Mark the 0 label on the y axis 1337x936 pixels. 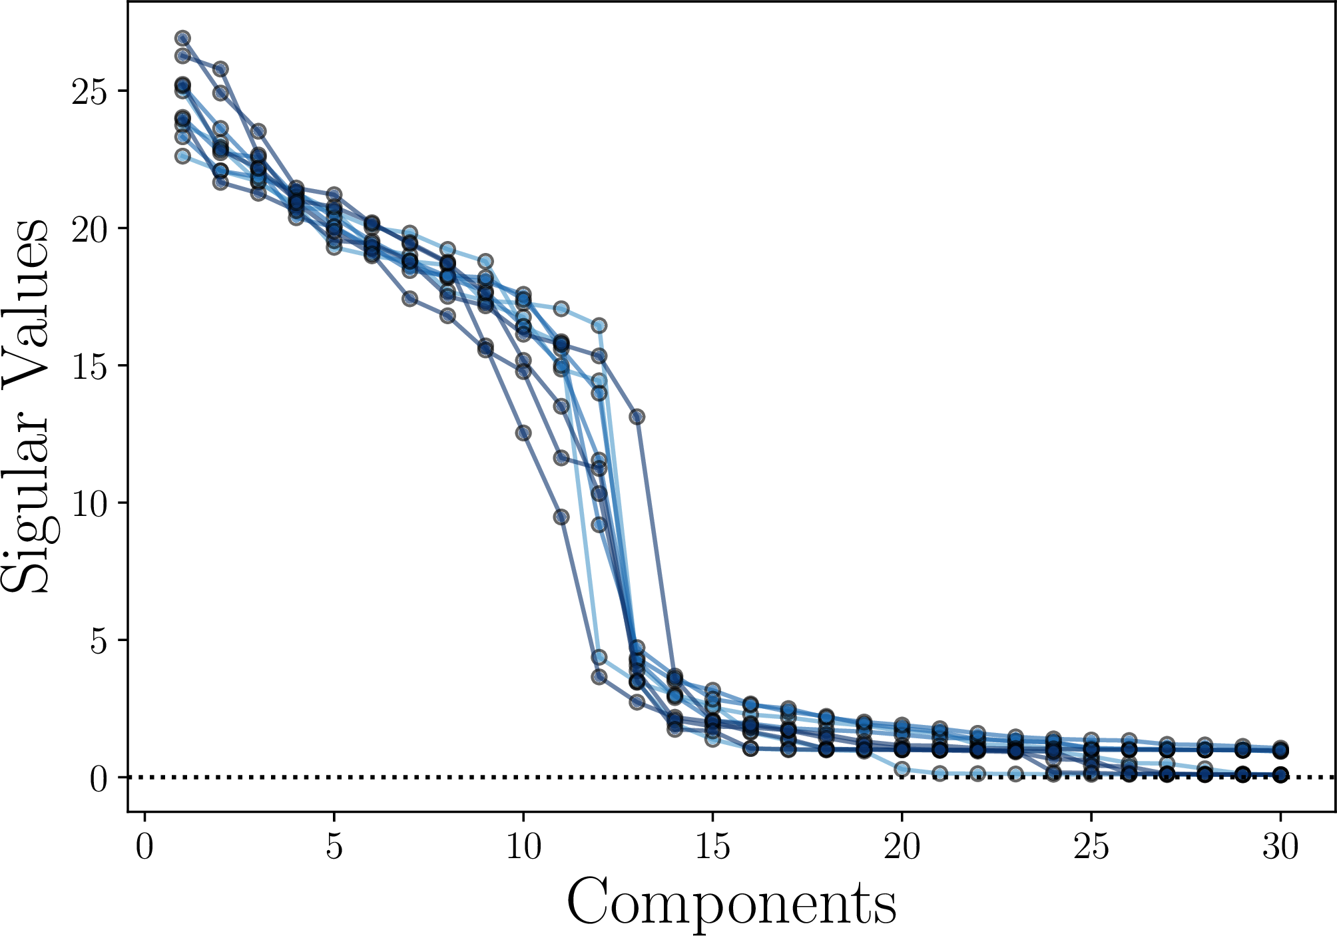click(x=99, y=778)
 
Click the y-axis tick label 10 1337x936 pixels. click(x=89, y=504)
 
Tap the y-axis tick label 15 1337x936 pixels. click(x=89, y=367)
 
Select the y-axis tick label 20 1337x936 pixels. click(x=89, y=230)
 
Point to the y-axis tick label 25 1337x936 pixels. click(x=89, y=93)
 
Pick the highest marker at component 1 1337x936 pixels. click(x=182, y=38)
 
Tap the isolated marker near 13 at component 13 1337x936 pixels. click(x=637, y=417)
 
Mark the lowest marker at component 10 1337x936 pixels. click(x=523, y=433)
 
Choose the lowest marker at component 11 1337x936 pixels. click(x=561, y=517)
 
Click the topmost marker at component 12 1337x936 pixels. click(x=599, y=326)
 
